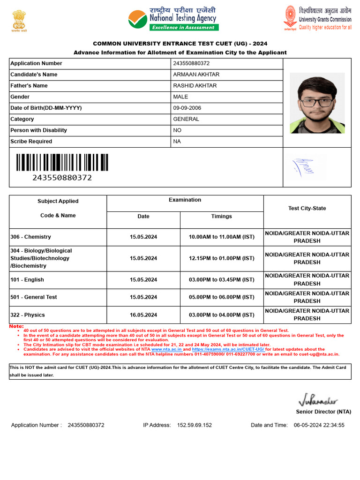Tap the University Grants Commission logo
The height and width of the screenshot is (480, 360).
[x=318, y=19]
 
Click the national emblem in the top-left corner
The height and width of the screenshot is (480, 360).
[x=19, y=21]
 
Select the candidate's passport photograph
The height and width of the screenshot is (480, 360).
[x=317, y=103]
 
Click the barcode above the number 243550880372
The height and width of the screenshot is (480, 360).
[x=62, y=163]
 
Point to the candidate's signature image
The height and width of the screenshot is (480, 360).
[x=304, y=166]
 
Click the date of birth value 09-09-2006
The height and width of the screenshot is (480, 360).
[x=187, y=108]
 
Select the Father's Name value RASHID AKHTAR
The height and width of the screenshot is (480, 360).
[x=195, y=86]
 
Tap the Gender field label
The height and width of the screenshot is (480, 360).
[x=20, y=97]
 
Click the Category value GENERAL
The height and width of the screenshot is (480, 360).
[x=186, y=119]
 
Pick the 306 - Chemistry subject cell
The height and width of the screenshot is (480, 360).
[x=31, y=237]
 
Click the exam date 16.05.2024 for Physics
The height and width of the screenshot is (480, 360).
[x=143, y=315]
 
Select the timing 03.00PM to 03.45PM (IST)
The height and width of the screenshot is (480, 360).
[x=221, y=280]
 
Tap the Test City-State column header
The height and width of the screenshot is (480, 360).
[x=307, y=208]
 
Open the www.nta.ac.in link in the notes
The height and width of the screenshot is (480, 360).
[x=166, y=349]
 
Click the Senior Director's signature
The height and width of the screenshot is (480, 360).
[x=317, y=401]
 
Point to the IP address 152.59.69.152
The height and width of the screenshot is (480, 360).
[x=194, y=425]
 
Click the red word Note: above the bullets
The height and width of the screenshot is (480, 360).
[x=16, y=326]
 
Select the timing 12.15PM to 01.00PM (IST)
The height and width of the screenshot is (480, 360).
[x=221, y=258]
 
